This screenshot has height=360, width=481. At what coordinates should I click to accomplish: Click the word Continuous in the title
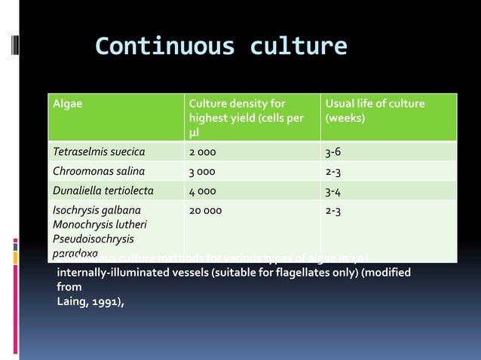point(155,47)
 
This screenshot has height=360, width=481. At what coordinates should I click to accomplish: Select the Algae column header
point(67,104)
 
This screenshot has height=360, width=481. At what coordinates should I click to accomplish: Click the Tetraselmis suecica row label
point(98,151)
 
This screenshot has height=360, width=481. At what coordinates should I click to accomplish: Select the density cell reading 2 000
point(205,151)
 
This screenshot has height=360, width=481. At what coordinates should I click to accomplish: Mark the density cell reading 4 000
point(205,190)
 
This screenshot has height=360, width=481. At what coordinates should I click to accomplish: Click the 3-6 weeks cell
point(332,151)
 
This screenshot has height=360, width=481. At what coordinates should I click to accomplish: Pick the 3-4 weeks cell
point(332,190)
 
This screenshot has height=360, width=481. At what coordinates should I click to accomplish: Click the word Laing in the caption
point(72,302)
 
